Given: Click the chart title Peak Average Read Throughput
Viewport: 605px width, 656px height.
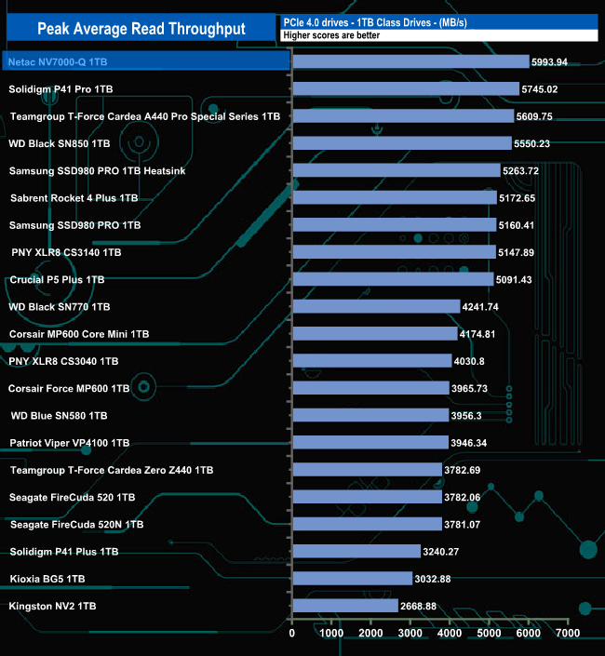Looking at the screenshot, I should pyautogui.click(x=141, y=28).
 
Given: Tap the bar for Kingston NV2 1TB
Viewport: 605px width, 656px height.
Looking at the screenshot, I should pyautogui.click(x=344, y=606).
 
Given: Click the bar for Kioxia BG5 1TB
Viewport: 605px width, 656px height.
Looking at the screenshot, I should pyautogui.click(x=352, y=579).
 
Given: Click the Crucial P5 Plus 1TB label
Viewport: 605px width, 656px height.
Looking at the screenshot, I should pyautogui.click(x=57, y=279).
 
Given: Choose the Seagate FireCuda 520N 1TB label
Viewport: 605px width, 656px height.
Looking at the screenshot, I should pyautogui.click(x=76, y=525).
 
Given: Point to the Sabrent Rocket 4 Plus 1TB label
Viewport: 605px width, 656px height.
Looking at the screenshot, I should pyautogui.click(x=74, y=198).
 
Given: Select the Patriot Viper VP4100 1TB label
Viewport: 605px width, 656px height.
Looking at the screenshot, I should pyautogui.click(x=70, y=443).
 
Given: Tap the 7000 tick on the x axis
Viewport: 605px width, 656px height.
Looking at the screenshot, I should pyautogui.click(x=568, y=634).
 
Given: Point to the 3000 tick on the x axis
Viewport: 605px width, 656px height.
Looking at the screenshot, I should pyautogui.click(x=410, y=634).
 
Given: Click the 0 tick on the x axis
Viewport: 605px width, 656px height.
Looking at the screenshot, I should pyautogui.click(x=292, y=634).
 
